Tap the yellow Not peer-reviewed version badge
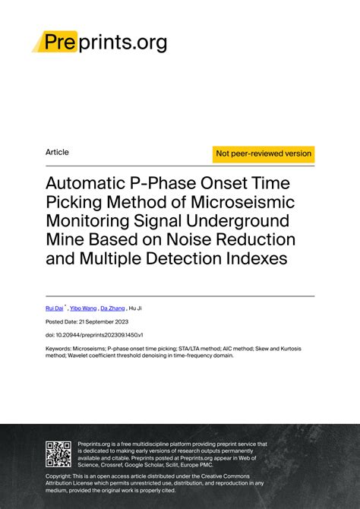(x=264, y=153)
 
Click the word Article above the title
(x=57, y=152)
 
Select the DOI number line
(x=94, y=334)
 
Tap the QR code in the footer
(x=58, y=453)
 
